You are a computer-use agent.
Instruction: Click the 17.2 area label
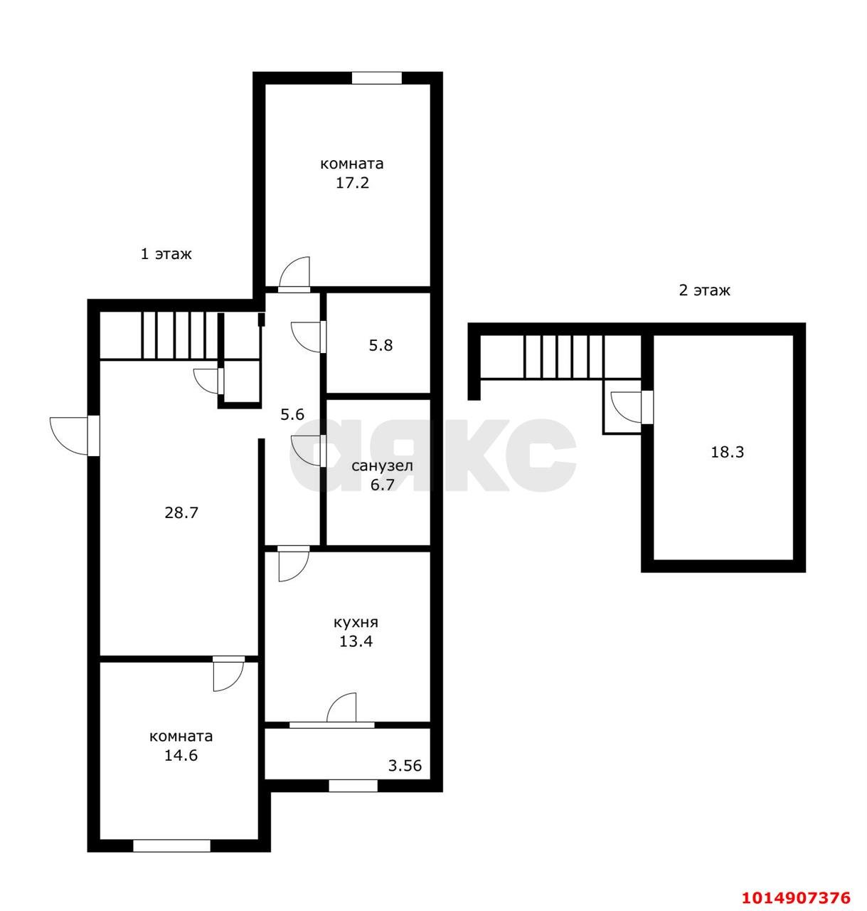coord(352,183)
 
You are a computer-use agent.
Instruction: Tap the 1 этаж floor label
coord(166,254)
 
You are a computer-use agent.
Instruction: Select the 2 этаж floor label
coord(704,290)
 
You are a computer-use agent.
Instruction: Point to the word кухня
coord(356,622)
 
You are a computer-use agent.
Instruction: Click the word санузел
coord(382,465)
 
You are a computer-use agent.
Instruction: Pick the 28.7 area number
coord(181,512)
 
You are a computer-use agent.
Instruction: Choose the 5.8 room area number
coord(381,345)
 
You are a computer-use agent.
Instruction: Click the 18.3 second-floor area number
coord(727,452)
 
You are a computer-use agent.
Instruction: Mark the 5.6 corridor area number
coord(292,414)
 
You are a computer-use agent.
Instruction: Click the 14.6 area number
coord(181,755)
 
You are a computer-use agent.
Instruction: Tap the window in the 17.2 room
coord(376,78)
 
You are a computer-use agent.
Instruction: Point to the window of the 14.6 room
coord(172,846)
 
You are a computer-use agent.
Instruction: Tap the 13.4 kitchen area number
coord(356,641)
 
